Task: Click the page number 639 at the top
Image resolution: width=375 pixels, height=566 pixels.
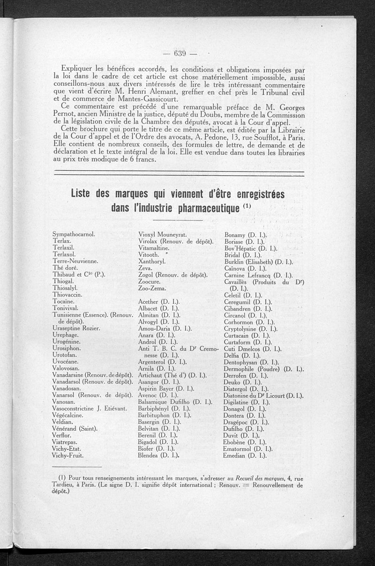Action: tap(180, 52)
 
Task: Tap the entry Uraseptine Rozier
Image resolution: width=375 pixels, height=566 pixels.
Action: tap(76, 328)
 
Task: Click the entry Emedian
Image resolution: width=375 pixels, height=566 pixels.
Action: tap(246, 455)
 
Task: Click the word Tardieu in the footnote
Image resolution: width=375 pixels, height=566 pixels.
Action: tap(65, 485)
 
